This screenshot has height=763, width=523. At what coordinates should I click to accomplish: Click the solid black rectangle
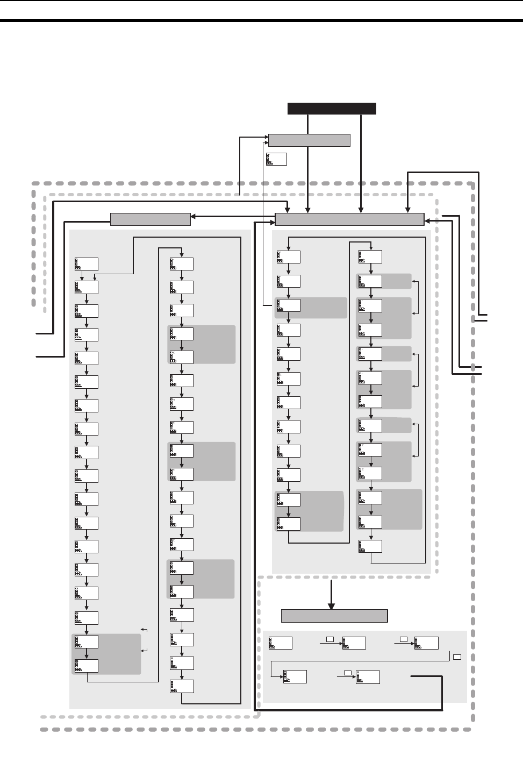tap(332, 108)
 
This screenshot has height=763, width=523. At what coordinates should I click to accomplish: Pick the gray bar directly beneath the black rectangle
tap(309, 140)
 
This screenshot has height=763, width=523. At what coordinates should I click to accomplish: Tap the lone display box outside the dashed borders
tap(276, 159)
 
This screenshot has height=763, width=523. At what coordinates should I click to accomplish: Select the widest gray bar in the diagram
tap(349, 219)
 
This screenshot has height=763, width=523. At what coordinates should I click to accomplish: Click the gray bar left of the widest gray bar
tap(150, 219)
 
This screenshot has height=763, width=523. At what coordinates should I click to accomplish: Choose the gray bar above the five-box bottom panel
tap(334, 616)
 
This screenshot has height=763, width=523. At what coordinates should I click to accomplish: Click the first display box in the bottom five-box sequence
tap(281, 643)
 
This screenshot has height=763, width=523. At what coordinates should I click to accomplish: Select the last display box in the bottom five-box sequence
tap(368, 678)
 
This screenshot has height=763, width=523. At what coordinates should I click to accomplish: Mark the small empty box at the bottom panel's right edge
tap(457, 657)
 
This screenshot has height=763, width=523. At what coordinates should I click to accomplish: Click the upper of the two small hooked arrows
tap(144, 629)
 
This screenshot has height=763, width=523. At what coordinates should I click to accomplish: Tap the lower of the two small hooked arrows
tap(144, 651)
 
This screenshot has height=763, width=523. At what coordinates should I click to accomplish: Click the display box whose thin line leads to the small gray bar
tap(289, 305)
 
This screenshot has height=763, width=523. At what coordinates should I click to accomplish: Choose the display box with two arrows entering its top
tap(87, 287)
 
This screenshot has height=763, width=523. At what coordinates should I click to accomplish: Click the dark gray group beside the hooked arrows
tap(106, 654)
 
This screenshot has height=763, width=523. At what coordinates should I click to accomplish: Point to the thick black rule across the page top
tap(261, 21)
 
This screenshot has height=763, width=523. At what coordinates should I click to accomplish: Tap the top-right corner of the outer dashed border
tap(472, 184)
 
